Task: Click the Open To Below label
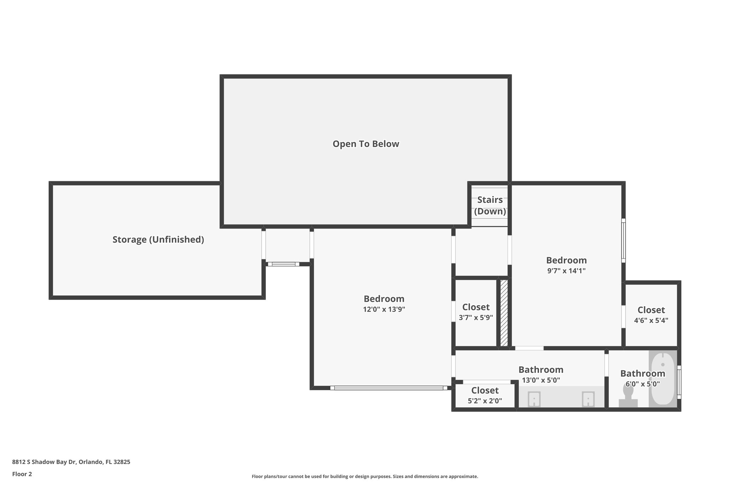point(366,144)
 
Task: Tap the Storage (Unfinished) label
point(158,240)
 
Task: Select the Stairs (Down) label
point(490,205)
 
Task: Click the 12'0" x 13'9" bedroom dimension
point(384,309)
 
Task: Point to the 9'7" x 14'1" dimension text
point(566,271)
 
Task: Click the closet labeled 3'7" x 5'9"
point(476,312)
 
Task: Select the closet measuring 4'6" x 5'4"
point(651,315)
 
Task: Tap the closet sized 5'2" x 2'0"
point(485,395)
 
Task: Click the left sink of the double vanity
point(534,399)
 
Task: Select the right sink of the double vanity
point(588,399)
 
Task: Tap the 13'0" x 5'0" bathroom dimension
point(541,380)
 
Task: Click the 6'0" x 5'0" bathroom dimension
point(643,384)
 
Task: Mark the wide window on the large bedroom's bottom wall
point(389,388)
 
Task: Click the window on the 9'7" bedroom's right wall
point(623,240)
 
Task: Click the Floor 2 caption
point(22,474)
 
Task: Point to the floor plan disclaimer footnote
point(365,476)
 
